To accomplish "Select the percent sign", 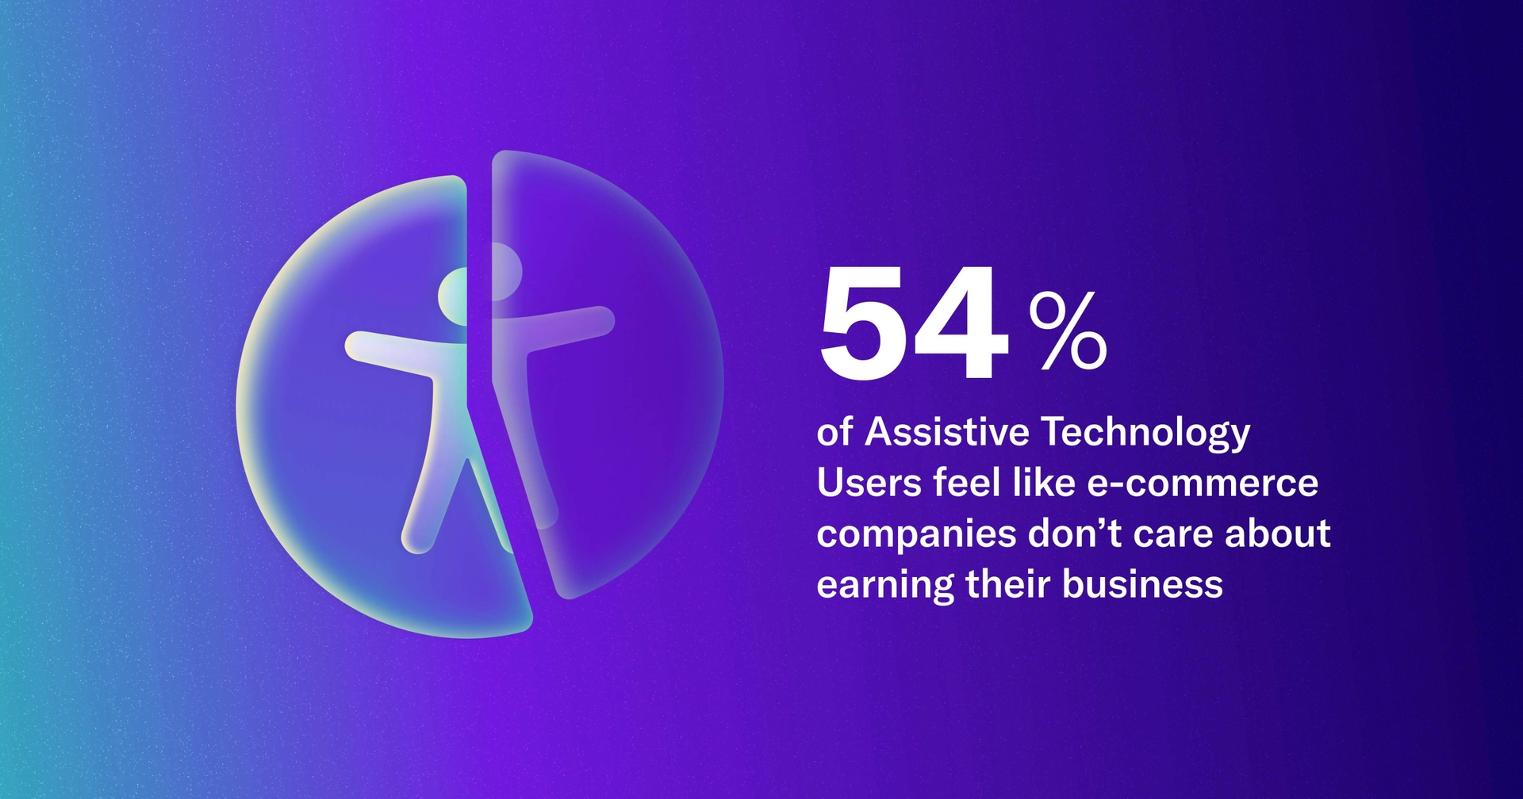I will [x=1067, y=331].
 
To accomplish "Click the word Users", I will [x=869, y=483].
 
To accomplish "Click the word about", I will [x=1277, y=533].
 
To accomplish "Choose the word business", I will [x=1142, y=584].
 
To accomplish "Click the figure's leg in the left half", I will [x=428, y=491].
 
